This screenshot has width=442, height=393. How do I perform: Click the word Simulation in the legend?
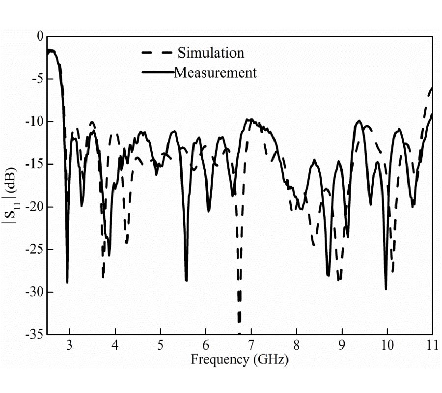click(211, 53)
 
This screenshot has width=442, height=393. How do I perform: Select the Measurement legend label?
click(215, 73)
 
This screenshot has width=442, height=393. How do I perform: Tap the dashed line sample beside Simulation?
click(156, 53)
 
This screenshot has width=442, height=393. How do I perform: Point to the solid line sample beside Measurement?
click(157, 73)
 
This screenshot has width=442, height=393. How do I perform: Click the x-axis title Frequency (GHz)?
click(239, 359)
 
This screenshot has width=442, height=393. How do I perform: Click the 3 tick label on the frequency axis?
click(70, 344)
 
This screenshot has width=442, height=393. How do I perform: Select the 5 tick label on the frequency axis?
click(161, 344)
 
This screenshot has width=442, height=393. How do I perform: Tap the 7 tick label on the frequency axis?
click(251, 344)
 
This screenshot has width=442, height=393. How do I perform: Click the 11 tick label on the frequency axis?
click(432, 344)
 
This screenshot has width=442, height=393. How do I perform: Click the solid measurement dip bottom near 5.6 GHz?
click(187, 280)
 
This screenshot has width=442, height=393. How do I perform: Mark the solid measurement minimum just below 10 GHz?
click(386, 289)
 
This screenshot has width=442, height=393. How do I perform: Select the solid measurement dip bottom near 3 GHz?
click(67, 282)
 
